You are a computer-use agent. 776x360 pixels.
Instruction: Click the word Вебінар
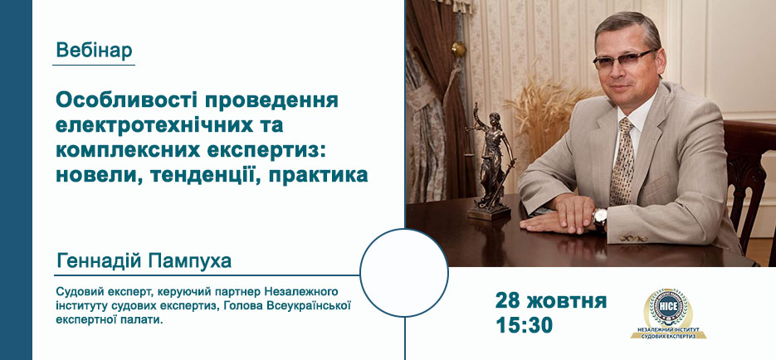point(94,51)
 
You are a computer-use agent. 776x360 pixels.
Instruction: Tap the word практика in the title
point(318,176)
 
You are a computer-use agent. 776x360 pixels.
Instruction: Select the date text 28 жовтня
point(551,300)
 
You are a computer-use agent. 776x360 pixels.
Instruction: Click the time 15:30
point(524,325)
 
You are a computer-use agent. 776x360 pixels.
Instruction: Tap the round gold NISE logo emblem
point(668,308)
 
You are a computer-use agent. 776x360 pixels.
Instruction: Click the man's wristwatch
point(600,217)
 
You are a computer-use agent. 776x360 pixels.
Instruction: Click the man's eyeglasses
point(625,60)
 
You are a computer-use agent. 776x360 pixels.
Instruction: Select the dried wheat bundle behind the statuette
point(547,116)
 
